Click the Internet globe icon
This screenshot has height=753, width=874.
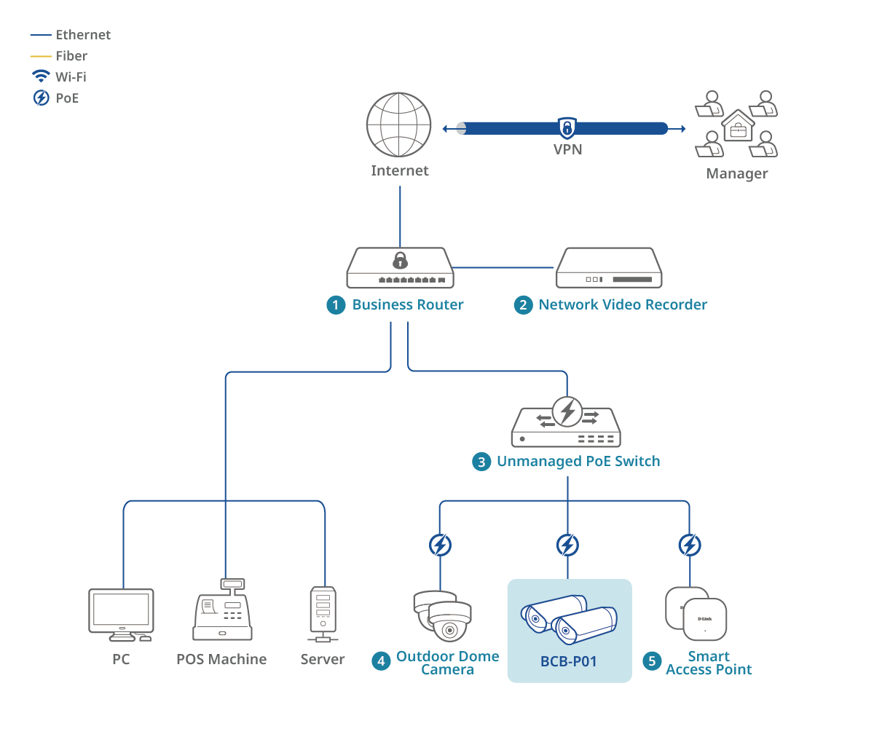point(399,125)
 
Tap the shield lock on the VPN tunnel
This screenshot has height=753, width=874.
point(567,127)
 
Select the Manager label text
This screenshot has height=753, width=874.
point(736,173)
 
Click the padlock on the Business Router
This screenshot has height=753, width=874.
point(400,260)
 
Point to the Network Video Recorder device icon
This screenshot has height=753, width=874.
point(609,268)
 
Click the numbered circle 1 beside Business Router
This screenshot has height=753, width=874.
point(335,305)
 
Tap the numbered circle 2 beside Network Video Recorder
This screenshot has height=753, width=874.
point(523,305)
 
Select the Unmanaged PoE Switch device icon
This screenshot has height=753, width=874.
point(567,424)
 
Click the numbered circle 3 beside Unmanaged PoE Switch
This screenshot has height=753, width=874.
point(481,462)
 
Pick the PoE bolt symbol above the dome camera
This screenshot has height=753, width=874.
point(440,545)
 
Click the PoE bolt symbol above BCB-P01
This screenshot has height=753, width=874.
point(567,545)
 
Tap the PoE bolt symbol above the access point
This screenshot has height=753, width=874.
point(689,545)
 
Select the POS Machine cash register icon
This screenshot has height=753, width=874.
point(222,611)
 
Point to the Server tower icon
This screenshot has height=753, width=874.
point(323,614)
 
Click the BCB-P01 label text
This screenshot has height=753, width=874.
point(568,661)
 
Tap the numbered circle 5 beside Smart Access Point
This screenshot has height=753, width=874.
point(652,661)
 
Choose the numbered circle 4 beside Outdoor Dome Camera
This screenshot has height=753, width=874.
point(381,661)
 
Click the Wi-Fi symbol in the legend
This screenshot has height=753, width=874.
point(41,76)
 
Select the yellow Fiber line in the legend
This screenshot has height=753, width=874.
point(41,56)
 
